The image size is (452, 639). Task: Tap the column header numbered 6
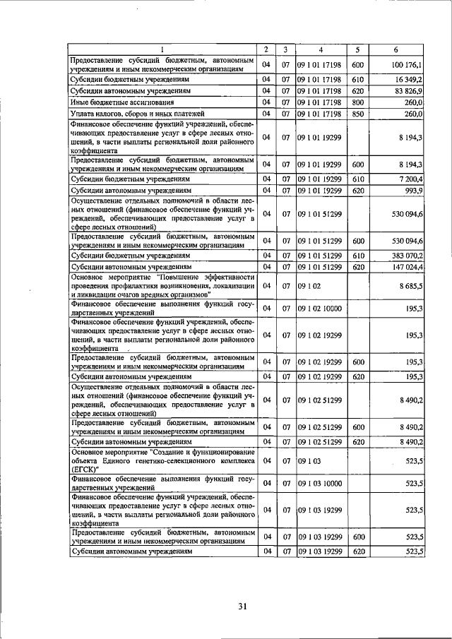click(x=399, y=49)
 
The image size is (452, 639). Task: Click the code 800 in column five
click(x=357, y=102)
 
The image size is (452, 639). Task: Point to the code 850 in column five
click(x=357, y=113)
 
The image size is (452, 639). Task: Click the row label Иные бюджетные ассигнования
click(x=117, y=102)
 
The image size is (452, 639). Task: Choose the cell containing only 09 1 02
click(x=310, y=285)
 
